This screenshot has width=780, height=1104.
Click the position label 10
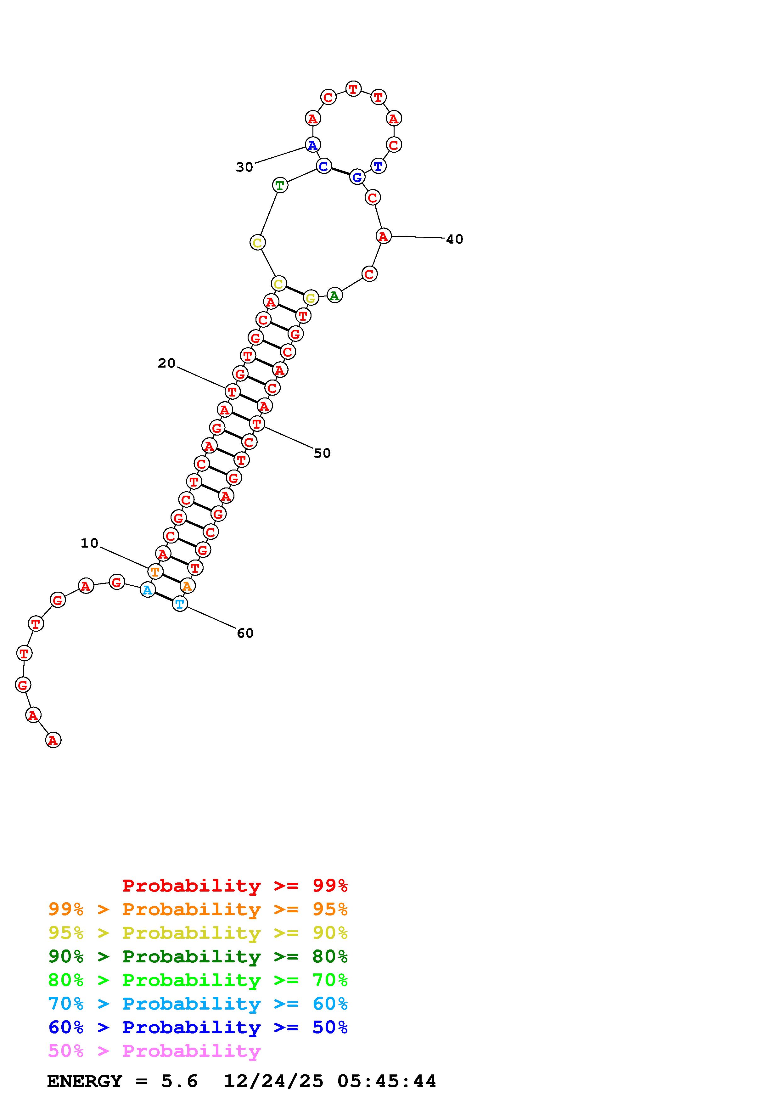click(89, 543)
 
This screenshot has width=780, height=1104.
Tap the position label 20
click(167, 363)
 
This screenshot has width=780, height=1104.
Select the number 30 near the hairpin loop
click(244, 167)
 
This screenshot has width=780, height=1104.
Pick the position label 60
click(245, 633)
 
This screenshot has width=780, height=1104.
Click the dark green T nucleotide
click(280, 185)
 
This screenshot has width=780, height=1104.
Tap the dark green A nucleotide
click(334, 295)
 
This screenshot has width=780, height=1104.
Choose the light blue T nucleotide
click(180, 604)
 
